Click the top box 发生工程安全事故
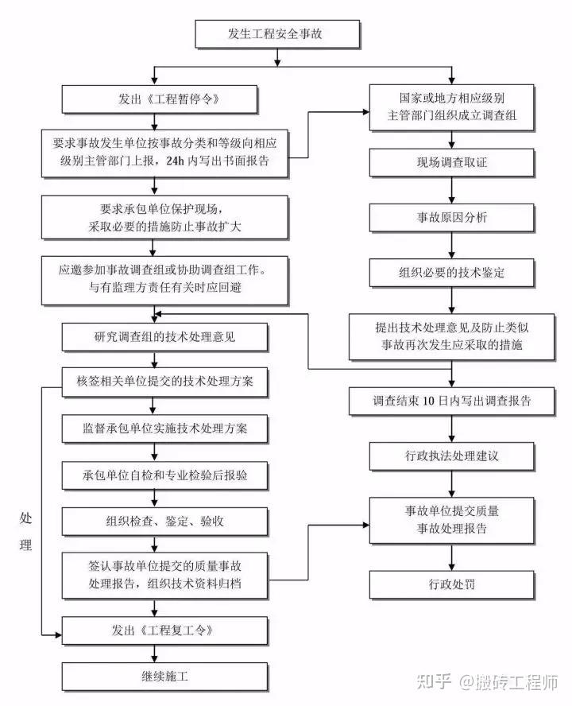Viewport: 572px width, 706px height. tap(277, 34)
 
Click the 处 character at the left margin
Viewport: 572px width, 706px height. tap(25, 518)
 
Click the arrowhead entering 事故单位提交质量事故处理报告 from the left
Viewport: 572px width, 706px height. tap(365, 524)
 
